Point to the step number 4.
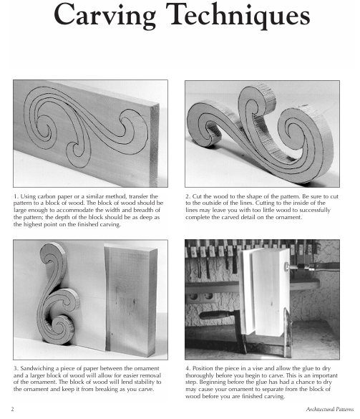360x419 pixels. pyautogui.click(x=187, y=369)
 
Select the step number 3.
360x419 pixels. pyautogui.click(x=15, y=369)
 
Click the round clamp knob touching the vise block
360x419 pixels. pyautogui.click(x=287, y=266)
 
